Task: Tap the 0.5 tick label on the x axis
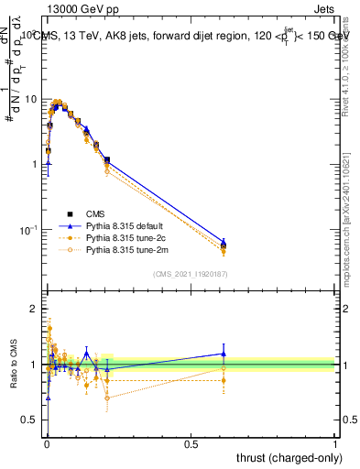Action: (x=191, y=444)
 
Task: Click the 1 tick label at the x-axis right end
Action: (x=335, y=444)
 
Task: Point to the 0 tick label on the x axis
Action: (x=47, y=444)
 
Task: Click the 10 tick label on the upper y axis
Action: (x=29, y=99)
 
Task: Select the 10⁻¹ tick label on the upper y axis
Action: (x=27, y=229)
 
